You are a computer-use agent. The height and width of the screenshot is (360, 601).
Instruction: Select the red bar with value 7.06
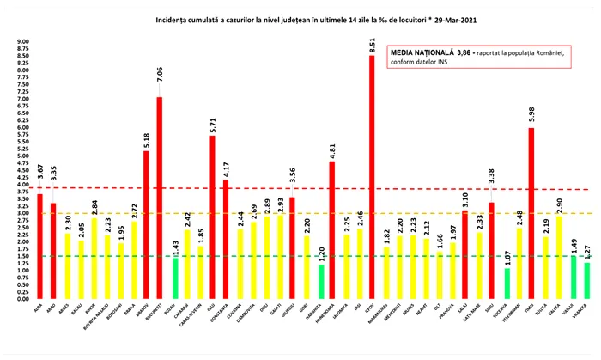point(159,198)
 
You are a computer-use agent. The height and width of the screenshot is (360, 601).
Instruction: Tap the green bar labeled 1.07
point(506,283)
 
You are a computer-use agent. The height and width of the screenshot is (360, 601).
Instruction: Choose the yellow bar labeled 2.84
point(93,258)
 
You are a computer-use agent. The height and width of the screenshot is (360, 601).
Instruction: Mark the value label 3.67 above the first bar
point(39,180)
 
